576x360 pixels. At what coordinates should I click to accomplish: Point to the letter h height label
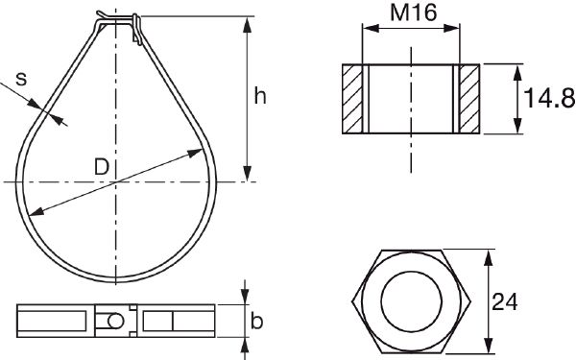(x=260, y=95)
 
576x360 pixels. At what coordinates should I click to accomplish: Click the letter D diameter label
(x=101, y=166)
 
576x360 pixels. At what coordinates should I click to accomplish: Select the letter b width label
(x=256, y=322)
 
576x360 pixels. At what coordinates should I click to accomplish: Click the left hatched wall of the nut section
(x=353, y=99)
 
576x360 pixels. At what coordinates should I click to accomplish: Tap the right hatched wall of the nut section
(x=468, y=99)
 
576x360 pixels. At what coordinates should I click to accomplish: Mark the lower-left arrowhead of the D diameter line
(x=31, y=212)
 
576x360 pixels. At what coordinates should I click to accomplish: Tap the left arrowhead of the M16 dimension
(x=366, y=30)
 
